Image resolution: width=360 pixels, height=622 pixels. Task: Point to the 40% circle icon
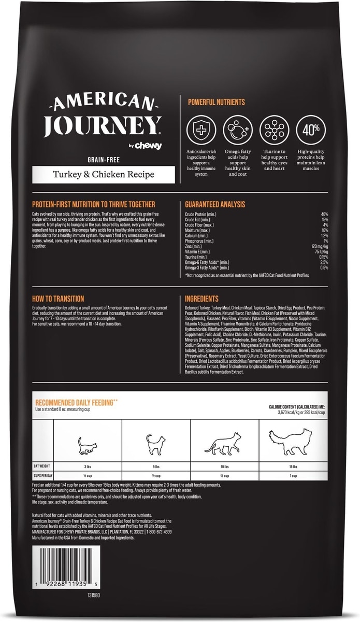pos(310,129)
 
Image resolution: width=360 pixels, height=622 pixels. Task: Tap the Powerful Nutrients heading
pos(216,102)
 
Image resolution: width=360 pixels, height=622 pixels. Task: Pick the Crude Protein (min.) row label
pos(200,214)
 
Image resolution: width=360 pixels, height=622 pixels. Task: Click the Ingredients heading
pos(201,299)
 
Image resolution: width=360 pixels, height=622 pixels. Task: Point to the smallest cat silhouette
pos(87,445)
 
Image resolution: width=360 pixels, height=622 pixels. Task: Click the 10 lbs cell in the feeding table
pos(225,466)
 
